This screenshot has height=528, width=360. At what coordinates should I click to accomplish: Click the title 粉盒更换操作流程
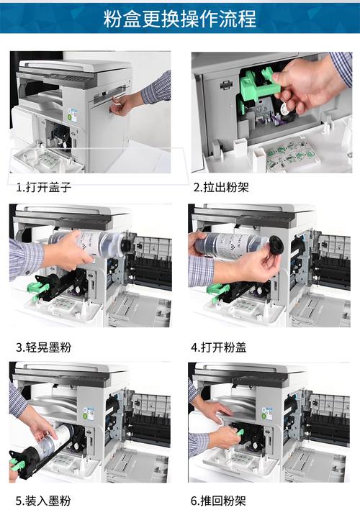[179, 18]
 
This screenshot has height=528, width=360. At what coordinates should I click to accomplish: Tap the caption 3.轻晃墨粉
[44, 347]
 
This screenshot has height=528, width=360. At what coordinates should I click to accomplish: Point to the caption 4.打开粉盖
[219, 347]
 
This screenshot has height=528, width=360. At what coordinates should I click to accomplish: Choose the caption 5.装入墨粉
[44, 501]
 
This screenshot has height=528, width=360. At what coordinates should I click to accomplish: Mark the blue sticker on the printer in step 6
[267, 413]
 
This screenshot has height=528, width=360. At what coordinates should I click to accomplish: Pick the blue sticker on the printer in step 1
[73, 115]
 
